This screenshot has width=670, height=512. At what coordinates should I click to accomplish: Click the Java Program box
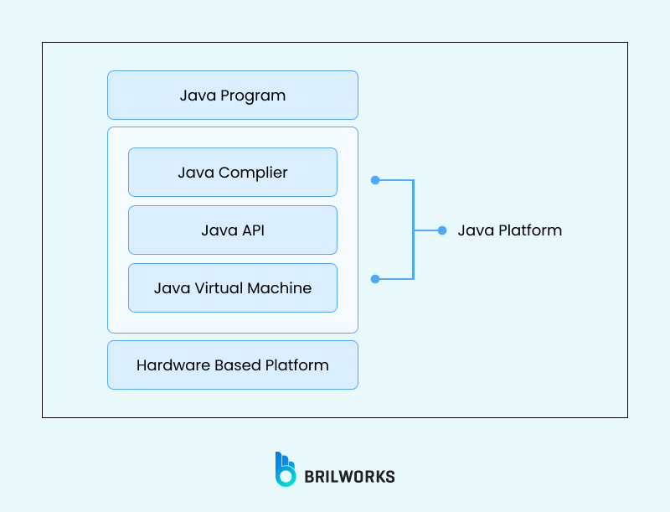click(233, 95)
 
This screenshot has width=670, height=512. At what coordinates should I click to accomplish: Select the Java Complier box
click(233, 173)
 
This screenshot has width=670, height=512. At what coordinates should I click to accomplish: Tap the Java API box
click(233, 230)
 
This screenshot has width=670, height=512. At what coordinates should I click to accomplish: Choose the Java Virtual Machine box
click(233, 287)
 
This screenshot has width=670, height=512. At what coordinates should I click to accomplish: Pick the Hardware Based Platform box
click(233, 365)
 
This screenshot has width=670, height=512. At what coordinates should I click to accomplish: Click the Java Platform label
click(509, 230)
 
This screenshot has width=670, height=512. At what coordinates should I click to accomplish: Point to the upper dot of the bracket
click(375, 179)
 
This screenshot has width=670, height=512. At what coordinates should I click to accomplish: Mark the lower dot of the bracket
click(375, 278)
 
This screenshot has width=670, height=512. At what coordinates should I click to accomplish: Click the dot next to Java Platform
click(442, 230)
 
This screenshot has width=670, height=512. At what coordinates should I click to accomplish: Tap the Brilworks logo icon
click(286, 469)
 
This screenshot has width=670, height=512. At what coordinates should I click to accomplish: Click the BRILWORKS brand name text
click(349, 477)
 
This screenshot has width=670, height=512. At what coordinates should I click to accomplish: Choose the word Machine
click(280, 287)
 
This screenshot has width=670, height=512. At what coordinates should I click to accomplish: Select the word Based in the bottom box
click(237, 365)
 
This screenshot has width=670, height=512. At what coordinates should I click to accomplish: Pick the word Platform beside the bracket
click(530, 230)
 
